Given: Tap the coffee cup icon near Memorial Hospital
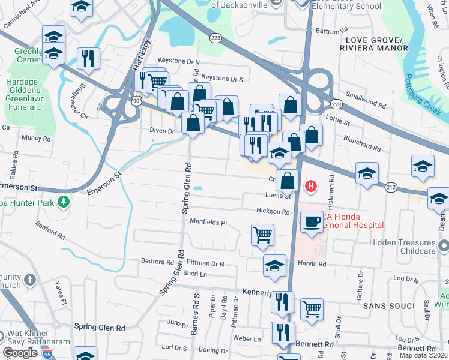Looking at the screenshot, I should tap(311, 221).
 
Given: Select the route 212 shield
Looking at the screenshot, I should tap(391, 187).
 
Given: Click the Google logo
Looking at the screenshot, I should tap(20, 353).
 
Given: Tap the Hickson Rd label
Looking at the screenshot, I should tap(273, 211).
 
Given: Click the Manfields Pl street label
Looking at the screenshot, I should tap(209, 222).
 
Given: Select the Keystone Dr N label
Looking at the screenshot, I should tap(179, 61).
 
